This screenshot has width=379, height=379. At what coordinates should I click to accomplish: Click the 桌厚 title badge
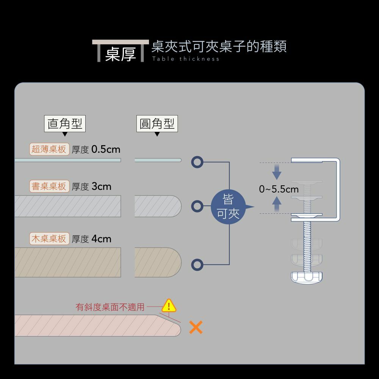point(120,53)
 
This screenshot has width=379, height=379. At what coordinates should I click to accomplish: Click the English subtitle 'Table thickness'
point(186,59)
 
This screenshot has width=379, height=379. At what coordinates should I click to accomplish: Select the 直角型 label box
point(65,124)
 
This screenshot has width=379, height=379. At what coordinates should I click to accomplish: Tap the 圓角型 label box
point(157,124)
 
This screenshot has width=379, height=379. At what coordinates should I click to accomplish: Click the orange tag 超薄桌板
point(49,149)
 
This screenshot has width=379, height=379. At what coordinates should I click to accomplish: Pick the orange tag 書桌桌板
point(49,186)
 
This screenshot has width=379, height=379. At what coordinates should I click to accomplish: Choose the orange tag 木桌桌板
point(49,239)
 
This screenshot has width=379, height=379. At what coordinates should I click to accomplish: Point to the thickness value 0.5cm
point(106,149)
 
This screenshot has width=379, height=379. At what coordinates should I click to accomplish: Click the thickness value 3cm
point(101,186)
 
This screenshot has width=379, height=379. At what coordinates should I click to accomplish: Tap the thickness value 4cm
point(101,239)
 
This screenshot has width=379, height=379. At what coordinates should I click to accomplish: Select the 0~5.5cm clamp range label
point(279,189)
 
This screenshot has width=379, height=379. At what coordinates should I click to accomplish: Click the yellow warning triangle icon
point(169,305)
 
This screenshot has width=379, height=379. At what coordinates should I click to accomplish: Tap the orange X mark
point(196,327)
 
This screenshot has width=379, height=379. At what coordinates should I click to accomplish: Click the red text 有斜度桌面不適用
point(110,307)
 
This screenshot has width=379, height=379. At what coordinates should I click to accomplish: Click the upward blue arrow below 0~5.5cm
point(277,205)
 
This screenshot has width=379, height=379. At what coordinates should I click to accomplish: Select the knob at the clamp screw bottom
point(307,277)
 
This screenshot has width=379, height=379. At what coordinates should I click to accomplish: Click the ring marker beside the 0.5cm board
point(197,162)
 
